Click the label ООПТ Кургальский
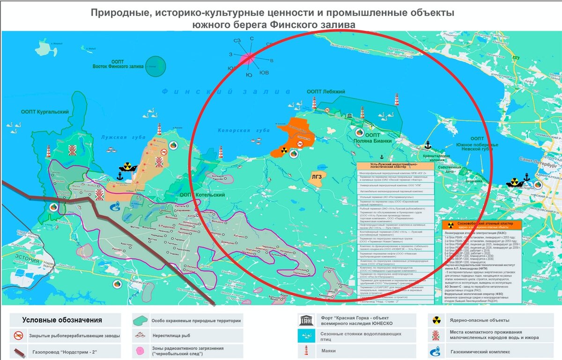point(44,112)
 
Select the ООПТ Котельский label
point(202,195)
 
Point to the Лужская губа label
point(116,137)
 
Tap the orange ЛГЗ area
point(317,177)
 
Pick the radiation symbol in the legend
point(436,321)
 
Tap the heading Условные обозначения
point(62,320)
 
